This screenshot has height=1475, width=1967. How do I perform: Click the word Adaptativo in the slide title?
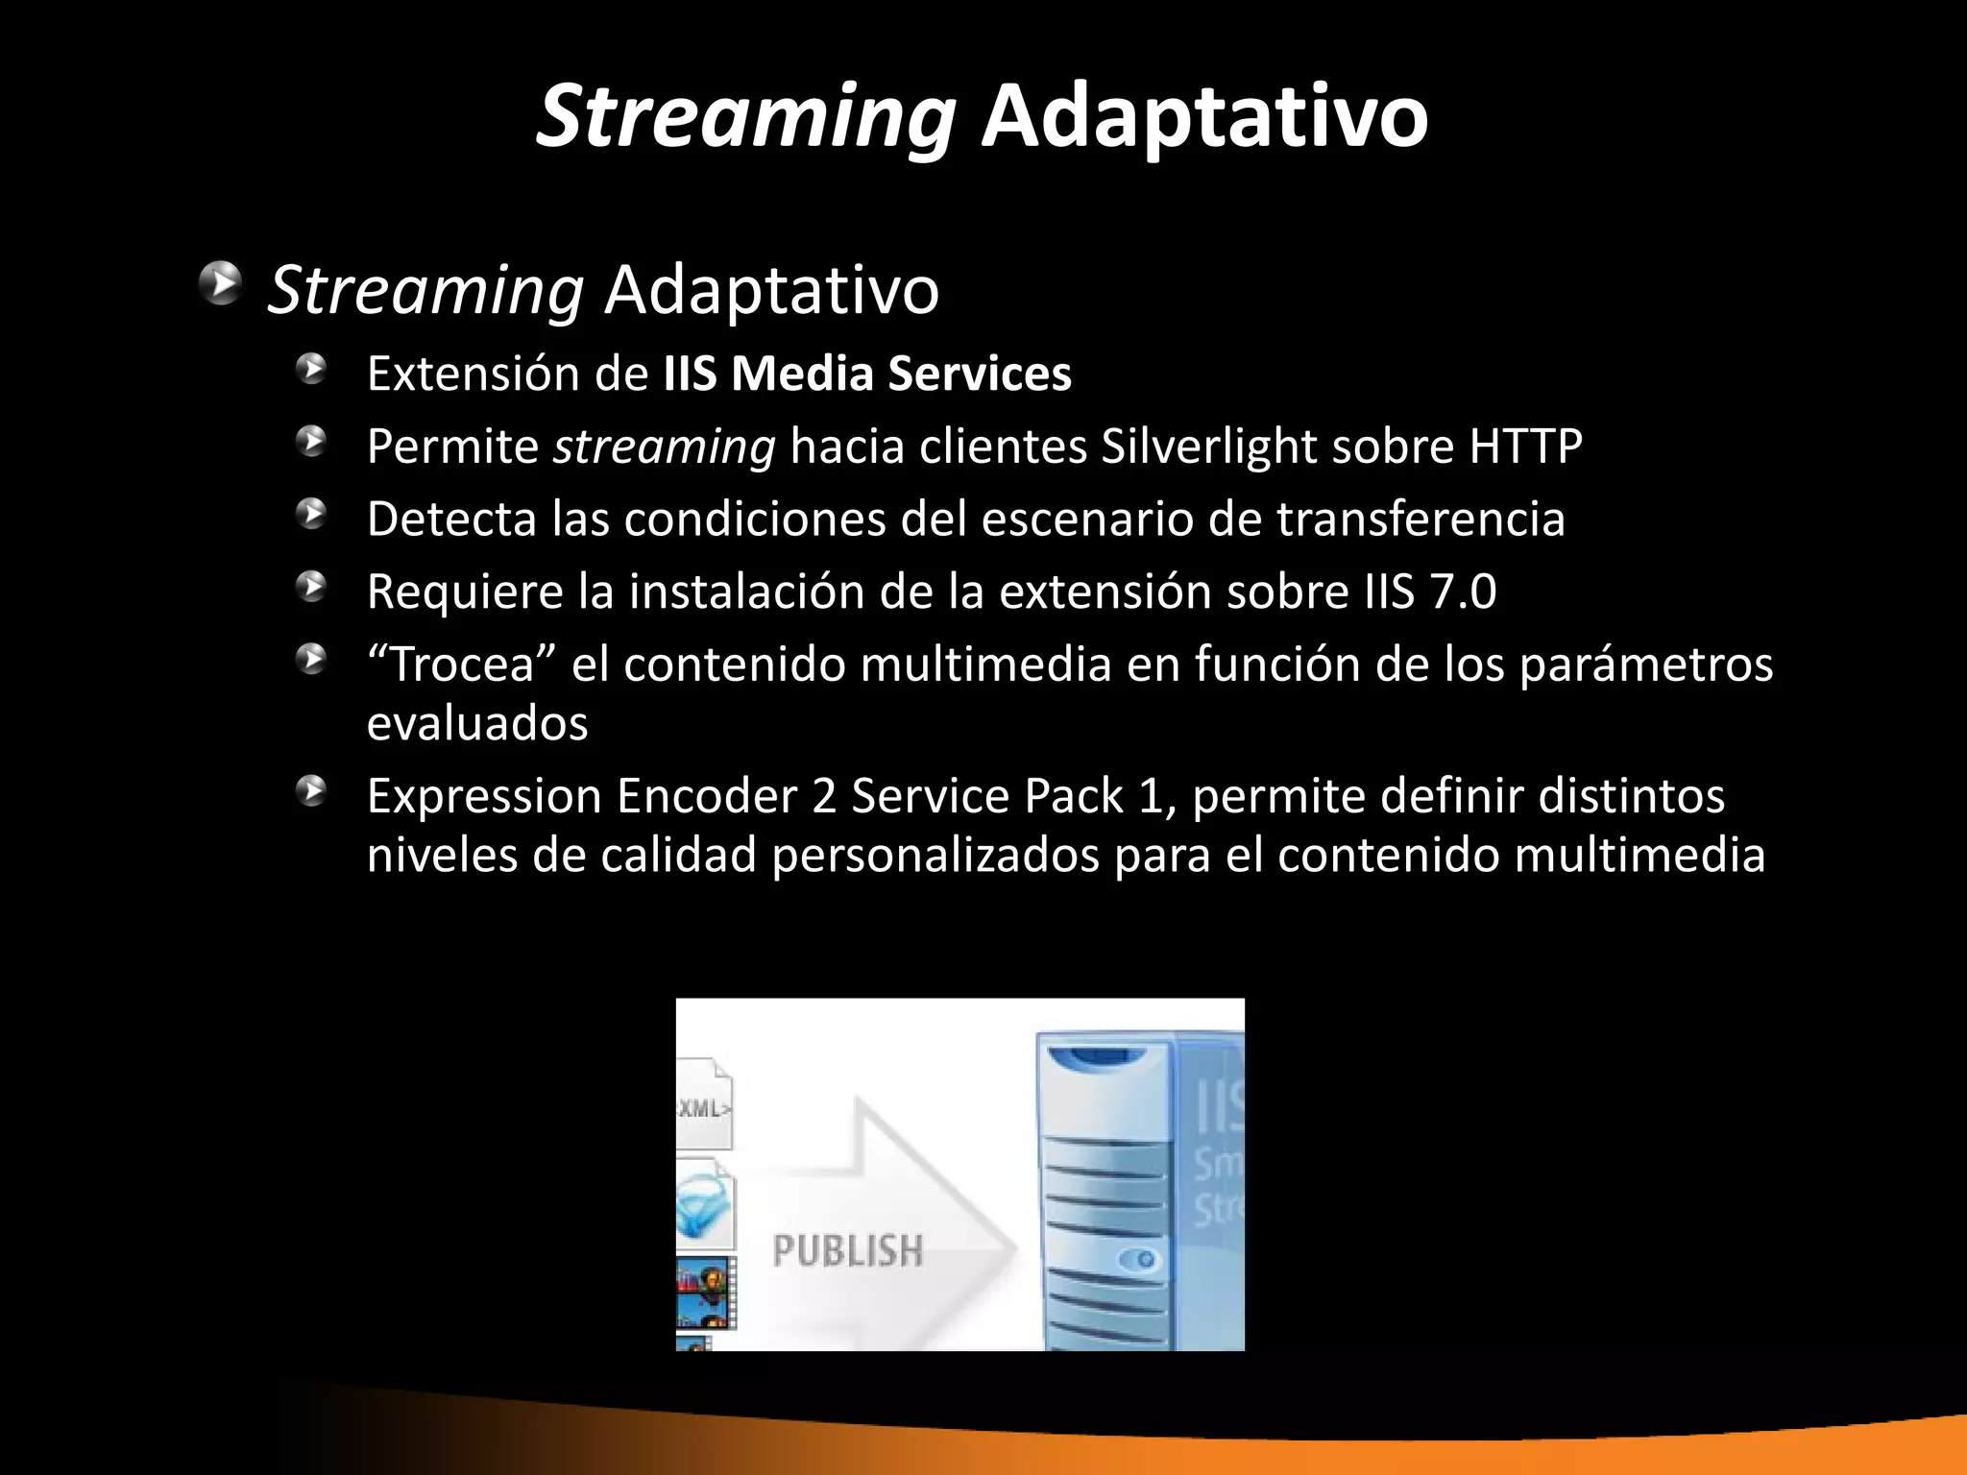(1203, 117)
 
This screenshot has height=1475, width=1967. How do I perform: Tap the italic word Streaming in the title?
(745, 117)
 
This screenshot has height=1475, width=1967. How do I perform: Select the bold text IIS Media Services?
(866, 374)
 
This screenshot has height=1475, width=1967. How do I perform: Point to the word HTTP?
(1524, 447)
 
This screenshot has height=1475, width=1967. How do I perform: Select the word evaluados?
(477, 723)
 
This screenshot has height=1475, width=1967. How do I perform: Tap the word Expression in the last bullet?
(485, 796)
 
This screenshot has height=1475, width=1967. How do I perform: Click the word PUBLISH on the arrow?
(847, 1251)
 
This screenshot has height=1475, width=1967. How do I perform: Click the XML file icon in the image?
(705, 1106)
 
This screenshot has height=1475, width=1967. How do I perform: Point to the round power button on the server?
(1145, 1258)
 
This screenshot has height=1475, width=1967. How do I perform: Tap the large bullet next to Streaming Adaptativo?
(222, 284)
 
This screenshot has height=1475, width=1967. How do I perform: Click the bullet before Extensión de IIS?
(311, 369)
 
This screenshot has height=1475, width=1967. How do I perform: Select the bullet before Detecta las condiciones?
(311, 514)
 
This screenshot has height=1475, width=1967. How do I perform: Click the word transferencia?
(1421, 520)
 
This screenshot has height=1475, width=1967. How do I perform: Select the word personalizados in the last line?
(935, 855)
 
